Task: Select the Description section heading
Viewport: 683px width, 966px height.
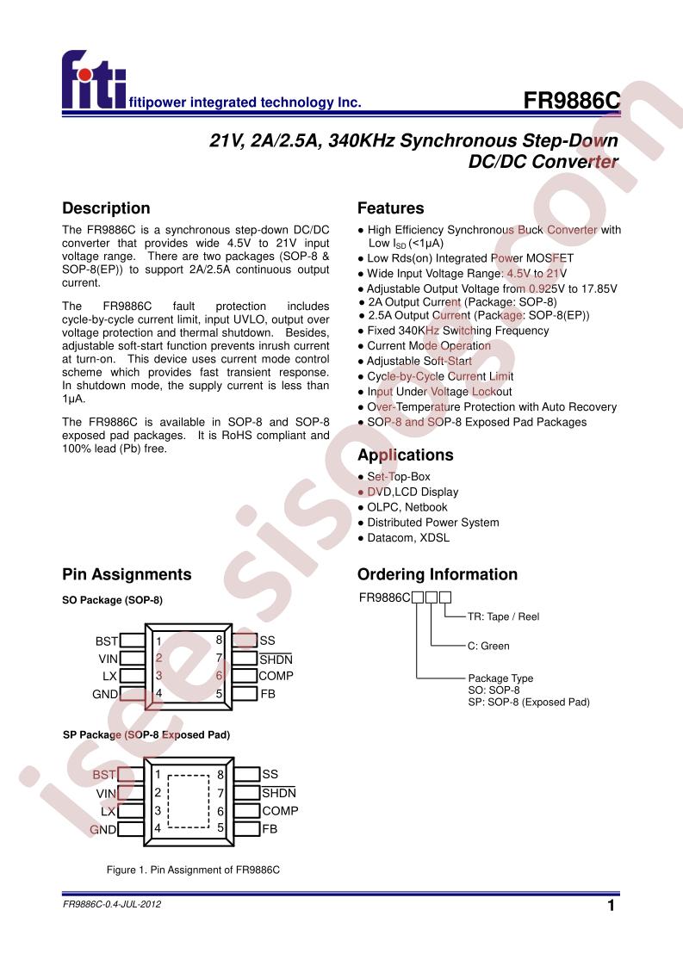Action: click(x=106, y=208)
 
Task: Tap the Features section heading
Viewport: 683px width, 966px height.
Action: click(x=390, y=208)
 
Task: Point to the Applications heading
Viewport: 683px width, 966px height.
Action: click(x=405, y=455)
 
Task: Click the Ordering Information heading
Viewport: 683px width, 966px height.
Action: click(x=438, y=574)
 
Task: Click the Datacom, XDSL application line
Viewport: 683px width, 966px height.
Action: click(x=407, y=537)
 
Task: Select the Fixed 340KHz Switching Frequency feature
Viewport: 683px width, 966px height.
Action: click(x=445, y=331)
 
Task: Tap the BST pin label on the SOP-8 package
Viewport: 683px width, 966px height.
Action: click(x=106, y=641)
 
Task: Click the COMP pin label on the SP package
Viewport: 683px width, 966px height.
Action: click(x=280, y=811)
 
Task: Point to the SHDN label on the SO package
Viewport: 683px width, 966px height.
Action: click(x=276, y=659)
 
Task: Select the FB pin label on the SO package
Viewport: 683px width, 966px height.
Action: click(x=268, y=694)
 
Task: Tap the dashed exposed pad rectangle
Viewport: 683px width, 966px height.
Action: click(x=189, y=802)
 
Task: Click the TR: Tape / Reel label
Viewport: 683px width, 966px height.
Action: click(x=503, y=616)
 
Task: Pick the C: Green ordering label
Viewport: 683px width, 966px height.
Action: click(x=488, y=646)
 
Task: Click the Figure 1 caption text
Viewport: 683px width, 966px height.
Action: click(x=194, y=870)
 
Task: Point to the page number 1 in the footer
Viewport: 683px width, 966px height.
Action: click(x=611, y=907)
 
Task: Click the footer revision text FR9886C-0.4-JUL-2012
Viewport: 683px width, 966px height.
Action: click(x=113, y=905)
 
